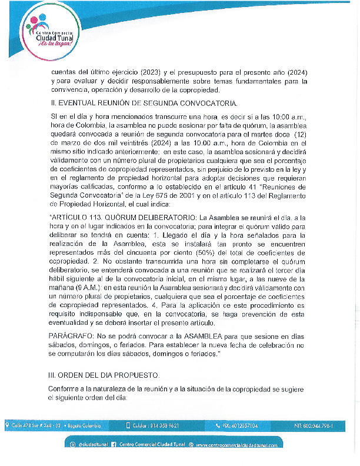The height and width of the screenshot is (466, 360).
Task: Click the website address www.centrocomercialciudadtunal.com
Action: (236, 445)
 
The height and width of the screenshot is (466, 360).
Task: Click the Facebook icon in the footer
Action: (114, 445)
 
